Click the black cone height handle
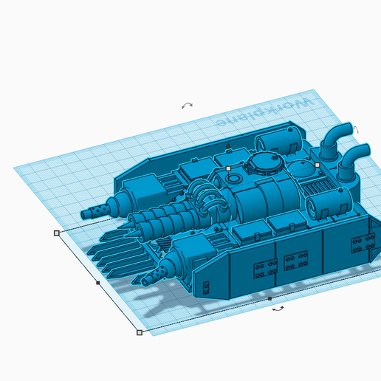tap(228, 145)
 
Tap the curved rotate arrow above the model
tap(187, 106)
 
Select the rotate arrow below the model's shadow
tap(278, 309)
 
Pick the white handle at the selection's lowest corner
tap(140, 332)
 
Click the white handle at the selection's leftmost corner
tap(57, 233)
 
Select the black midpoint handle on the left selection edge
tap(98, 283)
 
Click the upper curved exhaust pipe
tap(336, 141)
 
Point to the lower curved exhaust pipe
tap(353, 162)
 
